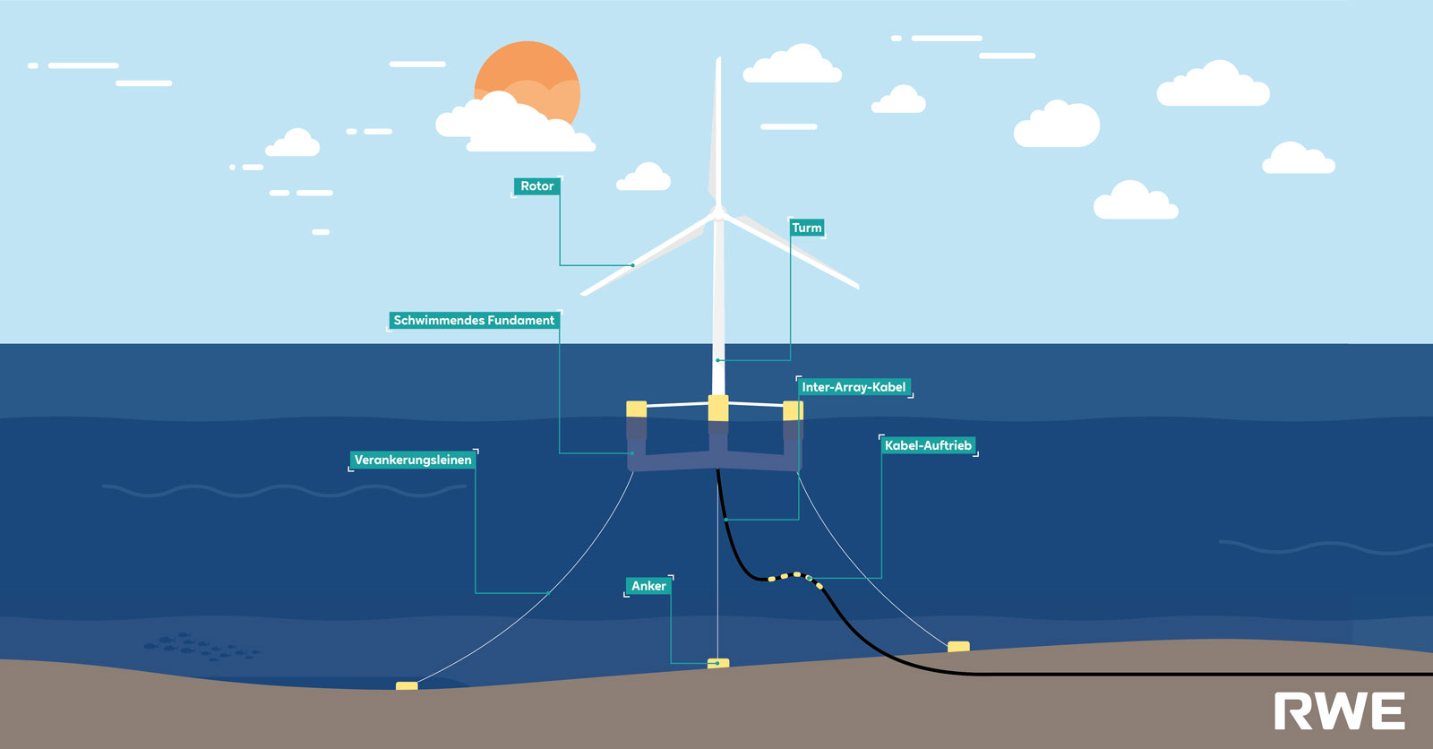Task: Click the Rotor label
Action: tap(536, 186)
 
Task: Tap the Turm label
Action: tap(806, 228)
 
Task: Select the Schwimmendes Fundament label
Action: tap(474, 320)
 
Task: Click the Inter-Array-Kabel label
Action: tap(854, 387)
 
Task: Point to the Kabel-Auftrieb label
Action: tap(928, 445)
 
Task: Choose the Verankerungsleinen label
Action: tap(413, 460)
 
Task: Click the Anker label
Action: tap(648, 586)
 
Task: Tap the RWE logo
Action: tap(1339, 711)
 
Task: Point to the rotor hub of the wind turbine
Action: tap(717, 213)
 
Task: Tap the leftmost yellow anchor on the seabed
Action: tap(407, 686)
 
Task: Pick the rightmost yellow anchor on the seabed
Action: tap(958, 646)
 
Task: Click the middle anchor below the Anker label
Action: tap(718, 664)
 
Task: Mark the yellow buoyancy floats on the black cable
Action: tap(793, 577)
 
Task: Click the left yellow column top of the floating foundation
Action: tap(636, 409)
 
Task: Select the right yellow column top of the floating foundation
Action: tap(793, 410)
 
